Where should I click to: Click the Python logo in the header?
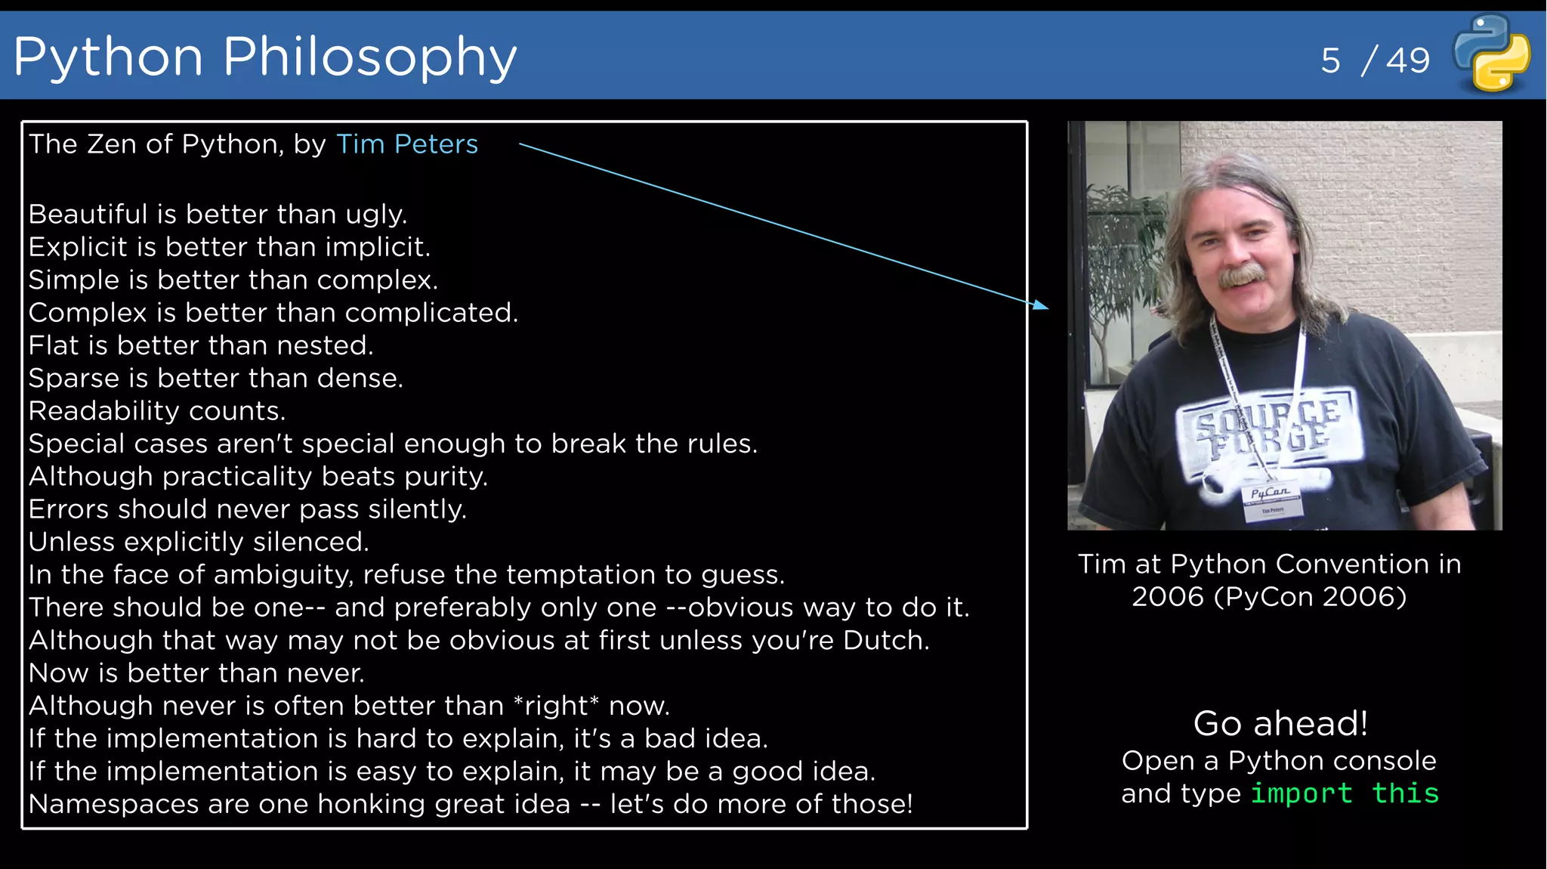[1492, 53]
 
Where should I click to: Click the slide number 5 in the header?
[1330, 60]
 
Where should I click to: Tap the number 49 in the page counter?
[1408, 60]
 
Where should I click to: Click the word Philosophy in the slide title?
[369, 57]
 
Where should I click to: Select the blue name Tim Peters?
[406, 144]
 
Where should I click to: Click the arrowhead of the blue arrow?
[1042, 305]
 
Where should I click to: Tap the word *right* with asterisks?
[556, 706]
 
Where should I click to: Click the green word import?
[1302, 793]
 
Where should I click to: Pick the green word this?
[1406, 793]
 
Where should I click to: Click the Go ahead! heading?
[1280, 724]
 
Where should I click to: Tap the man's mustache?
[1243, 275]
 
